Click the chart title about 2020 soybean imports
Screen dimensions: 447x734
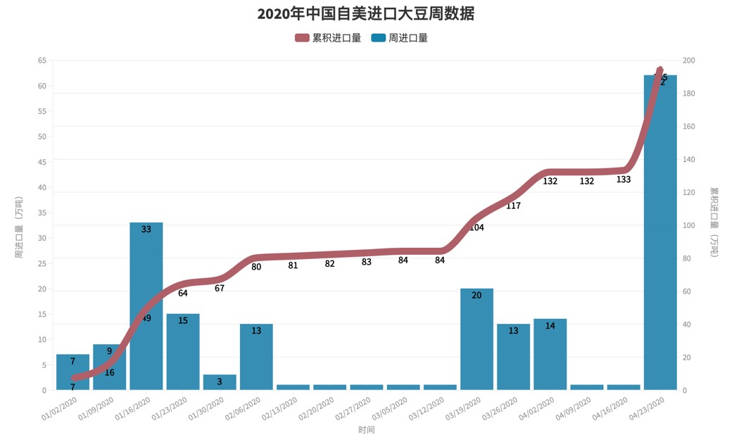pos(366,14)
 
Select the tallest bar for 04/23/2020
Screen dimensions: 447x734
pos(660,232)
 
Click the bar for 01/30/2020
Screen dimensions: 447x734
pos(220,382)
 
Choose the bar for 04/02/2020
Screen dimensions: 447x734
pos(550,355)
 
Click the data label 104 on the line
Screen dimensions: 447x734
pos(476,227)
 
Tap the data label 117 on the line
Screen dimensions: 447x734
pos(513,206)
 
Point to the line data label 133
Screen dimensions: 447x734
pos(623,180)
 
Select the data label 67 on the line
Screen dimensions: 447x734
pos(220,288)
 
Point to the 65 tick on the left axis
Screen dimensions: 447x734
pos(42,61)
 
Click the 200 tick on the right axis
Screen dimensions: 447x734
pos(689,61)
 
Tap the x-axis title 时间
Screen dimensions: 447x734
pos(366,429)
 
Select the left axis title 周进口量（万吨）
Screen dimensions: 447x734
pos(19,227)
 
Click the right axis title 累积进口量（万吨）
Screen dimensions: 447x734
pos(714,222)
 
